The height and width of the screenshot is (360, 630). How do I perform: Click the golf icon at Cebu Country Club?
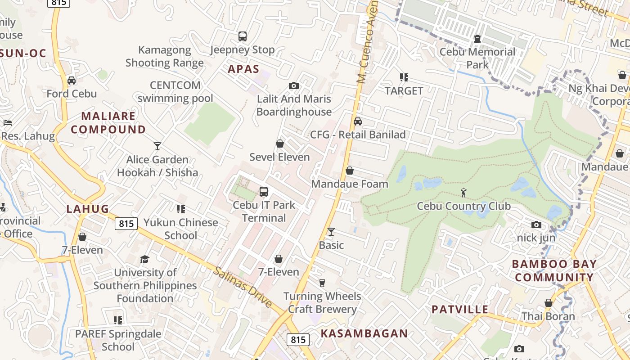(463, 193)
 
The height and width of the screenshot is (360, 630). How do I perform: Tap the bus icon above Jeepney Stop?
(243, 36)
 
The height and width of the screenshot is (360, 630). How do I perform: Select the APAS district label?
(243, 69)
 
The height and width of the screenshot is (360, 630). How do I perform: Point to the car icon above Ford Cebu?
(72, 81)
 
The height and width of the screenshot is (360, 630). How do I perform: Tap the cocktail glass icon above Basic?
(331, 232)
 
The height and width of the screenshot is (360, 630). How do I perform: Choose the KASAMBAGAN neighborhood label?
(364, 333)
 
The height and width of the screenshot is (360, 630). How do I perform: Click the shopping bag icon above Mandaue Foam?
(350, 171)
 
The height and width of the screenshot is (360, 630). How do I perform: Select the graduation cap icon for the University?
(144, 259)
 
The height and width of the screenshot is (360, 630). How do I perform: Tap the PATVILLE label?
(460, 309)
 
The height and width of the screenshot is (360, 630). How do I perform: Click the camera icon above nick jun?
(536, 225)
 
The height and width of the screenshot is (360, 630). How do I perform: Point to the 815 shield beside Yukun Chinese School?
(126, 223)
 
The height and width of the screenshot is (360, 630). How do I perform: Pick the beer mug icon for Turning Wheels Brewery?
(322, 283)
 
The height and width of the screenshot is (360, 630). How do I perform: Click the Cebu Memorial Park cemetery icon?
(477, 39)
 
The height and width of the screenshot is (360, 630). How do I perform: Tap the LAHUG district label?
(88, 209)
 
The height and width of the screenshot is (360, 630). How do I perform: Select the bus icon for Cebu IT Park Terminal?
(264, 192)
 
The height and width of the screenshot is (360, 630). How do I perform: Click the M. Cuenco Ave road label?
(367, 43)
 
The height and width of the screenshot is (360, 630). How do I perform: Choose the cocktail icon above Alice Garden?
(157, 146)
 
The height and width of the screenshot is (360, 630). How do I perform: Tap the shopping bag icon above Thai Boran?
(548, 303)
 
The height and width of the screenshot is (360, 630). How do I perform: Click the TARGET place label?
(404, 90)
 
